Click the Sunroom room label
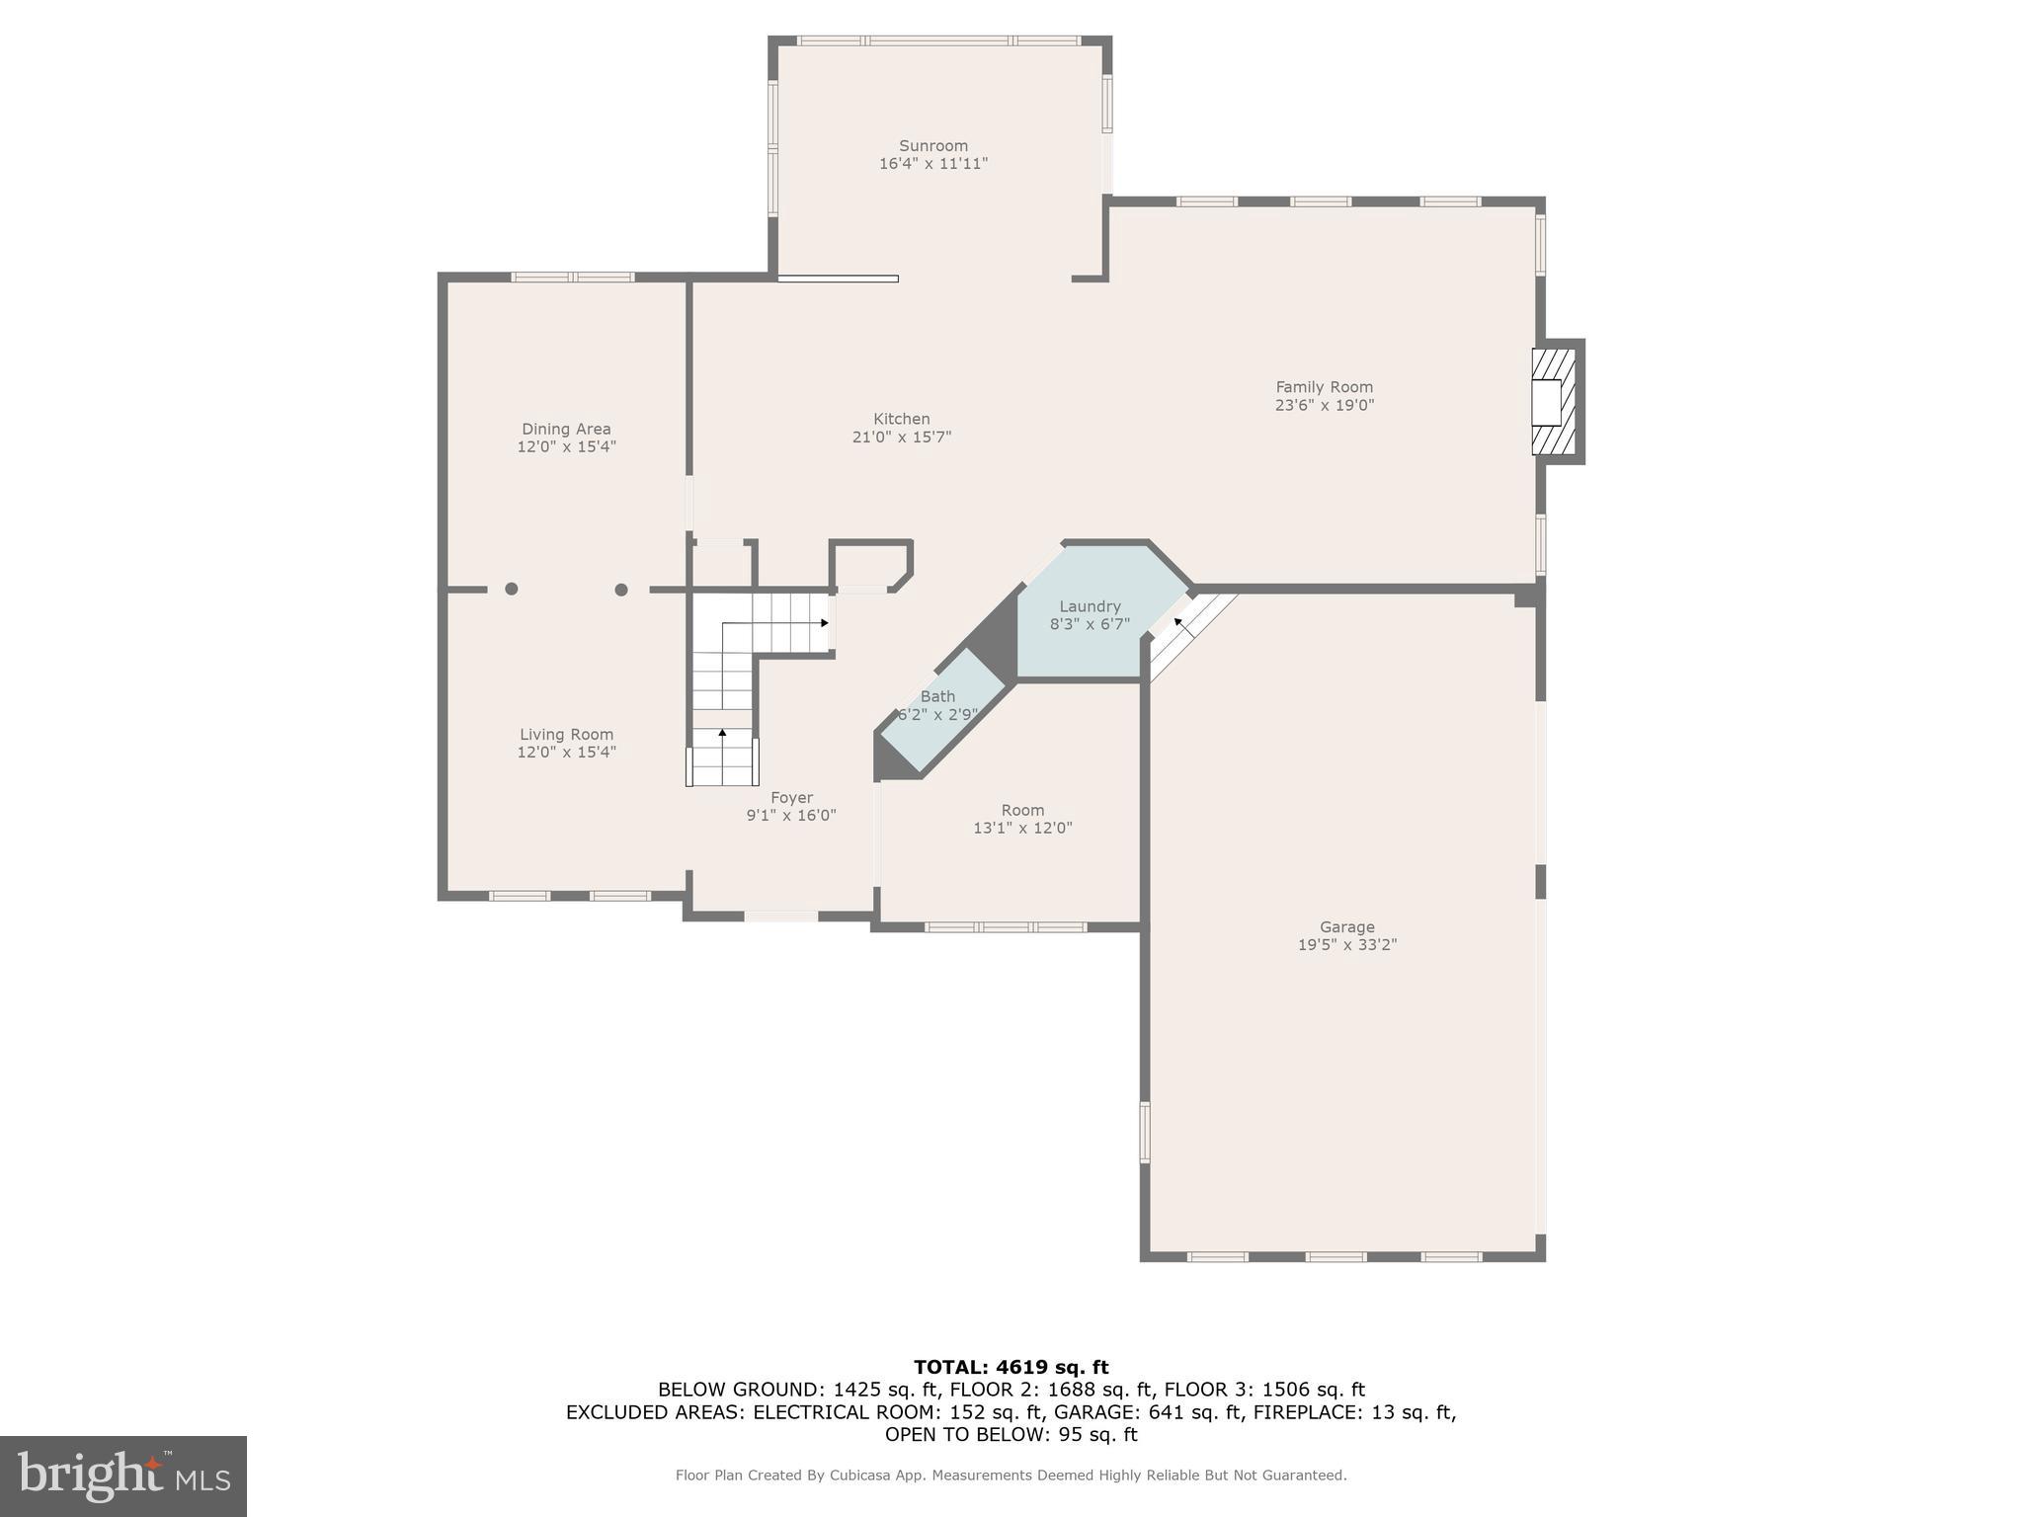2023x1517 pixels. [x=932, y=145]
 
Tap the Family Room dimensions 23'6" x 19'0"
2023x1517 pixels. [x=1324, y=405]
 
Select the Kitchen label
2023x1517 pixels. [x=901, y=419]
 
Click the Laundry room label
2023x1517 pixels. [x=1090, y=606]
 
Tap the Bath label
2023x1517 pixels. [x=937, y=696]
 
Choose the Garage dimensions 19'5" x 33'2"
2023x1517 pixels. [x=1346, y=945]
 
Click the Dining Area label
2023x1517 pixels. [x=566, y=429]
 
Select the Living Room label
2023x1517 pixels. [x=566, y=734]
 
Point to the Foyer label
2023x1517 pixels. [x=791, y=797]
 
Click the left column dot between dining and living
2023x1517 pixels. [x=512, y=590]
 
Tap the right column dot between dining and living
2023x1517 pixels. [x=621, y=590]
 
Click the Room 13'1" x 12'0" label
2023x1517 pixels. [x=1022, y=819]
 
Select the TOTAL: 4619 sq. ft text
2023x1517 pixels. [x=1011, y=1367]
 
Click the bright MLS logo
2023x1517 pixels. [x=123, y=1476]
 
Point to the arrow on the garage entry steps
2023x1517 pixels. [x=1178, y=623]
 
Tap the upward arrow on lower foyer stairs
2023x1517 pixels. [x=722, y=734]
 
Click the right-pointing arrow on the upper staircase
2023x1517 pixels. [x=822, y=623]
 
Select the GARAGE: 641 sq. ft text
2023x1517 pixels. [x=1148, y=1412]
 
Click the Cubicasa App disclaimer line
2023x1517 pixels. [x=1011, y=1476]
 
